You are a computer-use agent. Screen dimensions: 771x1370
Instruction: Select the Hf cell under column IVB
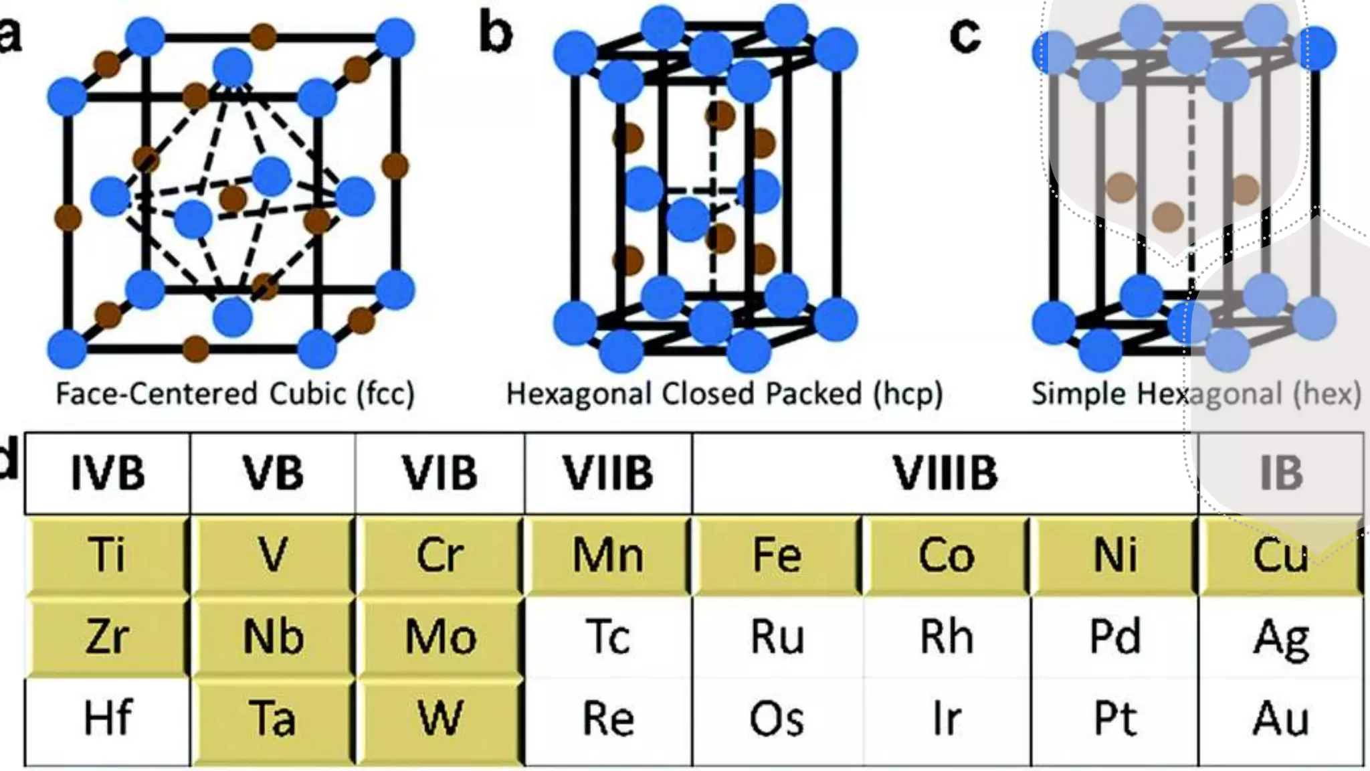(x=107, y=719)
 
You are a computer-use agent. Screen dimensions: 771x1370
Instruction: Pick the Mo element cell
(x=440, y=637)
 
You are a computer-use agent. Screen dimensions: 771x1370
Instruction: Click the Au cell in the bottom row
(x=1280, y=719)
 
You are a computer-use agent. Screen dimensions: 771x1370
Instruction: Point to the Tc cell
(x=607, y=637)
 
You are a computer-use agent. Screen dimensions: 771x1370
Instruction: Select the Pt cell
(x=1114, y=719)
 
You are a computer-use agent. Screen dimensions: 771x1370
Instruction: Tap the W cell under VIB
(x=440, y=719)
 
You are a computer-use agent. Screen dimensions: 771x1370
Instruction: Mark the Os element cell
(x=776, y=719)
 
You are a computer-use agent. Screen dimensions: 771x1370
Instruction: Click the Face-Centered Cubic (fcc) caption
(x=235, y=394)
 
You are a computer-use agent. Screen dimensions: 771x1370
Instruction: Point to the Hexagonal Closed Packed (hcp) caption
(x=724, y=394)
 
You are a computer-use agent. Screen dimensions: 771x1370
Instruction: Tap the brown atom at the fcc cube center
(x=233, y=198)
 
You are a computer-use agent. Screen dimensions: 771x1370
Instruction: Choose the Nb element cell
(x=273, y=637)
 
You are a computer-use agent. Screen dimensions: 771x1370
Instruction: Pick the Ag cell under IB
(x=1280, y=637)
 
